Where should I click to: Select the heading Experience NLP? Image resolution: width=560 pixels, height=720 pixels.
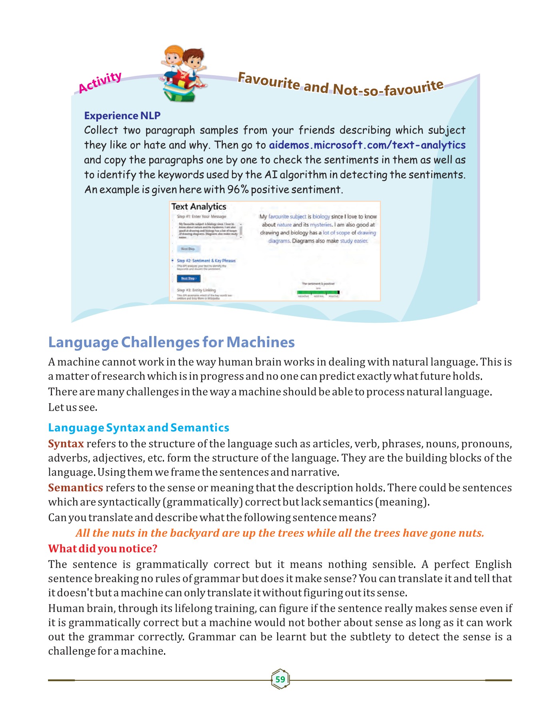[122, 116]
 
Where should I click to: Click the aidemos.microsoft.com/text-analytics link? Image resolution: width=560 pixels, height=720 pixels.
[367, 145]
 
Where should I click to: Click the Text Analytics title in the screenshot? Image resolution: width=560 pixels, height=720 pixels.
[199, 207]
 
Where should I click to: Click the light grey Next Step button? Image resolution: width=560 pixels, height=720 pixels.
[188, 249]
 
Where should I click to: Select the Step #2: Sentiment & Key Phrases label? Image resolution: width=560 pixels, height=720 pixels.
[206, 260]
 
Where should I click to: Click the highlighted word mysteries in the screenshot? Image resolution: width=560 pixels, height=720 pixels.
[321, 225]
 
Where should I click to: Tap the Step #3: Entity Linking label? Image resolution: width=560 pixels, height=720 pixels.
[196, 290]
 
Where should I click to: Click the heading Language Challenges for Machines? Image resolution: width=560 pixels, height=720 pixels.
[171, 342]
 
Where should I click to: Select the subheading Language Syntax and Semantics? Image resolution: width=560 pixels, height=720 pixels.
[138, 428]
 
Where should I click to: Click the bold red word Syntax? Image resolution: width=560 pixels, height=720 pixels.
[66, 444]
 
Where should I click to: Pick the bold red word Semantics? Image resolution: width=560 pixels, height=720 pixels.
[76, 488]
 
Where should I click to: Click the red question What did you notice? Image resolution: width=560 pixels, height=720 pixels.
[103, 548]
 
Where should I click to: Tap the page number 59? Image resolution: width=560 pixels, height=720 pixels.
[280, 679]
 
